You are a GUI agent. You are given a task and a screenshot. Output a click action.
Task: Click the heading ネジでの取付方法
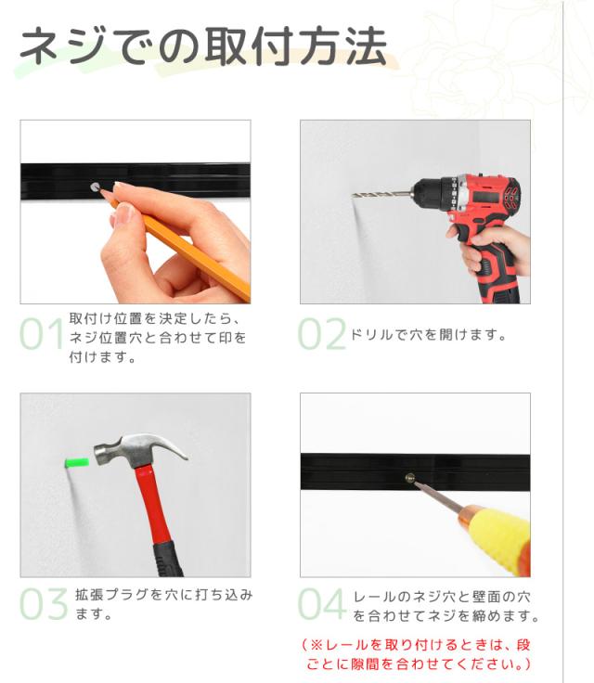tap(202, 45)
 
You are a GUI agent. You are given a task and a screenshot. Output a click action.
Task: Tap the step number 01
tap(42, 335)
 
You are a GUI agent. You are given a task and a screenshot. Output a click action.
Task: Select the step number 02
tap(321, 335)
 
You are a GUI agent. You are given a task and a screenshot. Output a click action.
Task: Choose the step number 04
tap(322, 604)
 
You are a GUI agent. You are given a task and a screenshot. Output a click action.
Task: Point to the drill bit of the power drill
tap(381, 195)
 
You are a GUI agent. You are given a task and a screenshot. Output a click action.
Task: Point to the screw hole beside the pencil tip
tap(94, 187)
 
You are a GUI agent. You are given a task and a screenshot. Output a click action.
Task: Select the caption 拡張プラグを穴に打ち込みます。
tap(163, 604)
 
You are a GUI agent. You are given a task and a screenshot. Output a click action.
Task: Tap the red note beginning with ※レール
tap(420, 654)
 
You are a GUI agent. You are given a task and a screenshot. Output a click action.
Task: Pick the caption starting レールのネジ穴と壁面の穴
tap(445, 606)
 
